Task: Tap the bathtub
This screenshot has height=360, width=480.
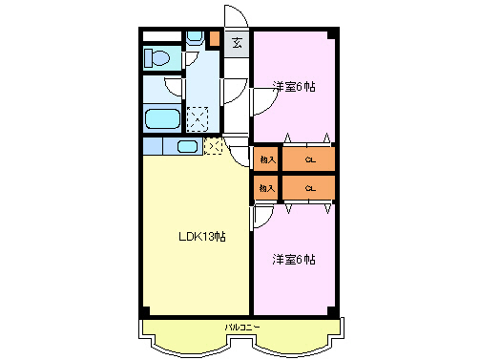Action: [161, 120]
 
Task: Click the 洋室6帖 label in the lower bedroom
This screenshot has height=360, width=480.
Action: [294, 258]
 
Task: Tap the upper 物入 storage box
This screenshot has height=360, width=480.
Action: [266, 159]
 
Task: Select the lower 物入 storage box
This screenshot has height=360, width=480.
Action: [266, 188]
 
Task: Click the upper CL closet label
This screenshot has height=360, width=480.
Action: [310, 159]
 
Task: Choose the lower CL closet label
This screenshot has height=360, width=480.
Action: [310, 188]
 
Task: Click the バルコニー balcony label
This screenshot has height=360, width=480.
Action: [239, 327]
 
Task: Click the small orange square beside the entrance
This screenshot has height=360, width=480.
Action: [215, 42]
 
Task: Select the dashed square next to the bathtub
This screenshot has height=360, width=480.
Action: [198, 119]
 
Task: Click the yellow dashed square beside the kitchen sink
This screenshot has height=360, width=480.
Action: [213, 146]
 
